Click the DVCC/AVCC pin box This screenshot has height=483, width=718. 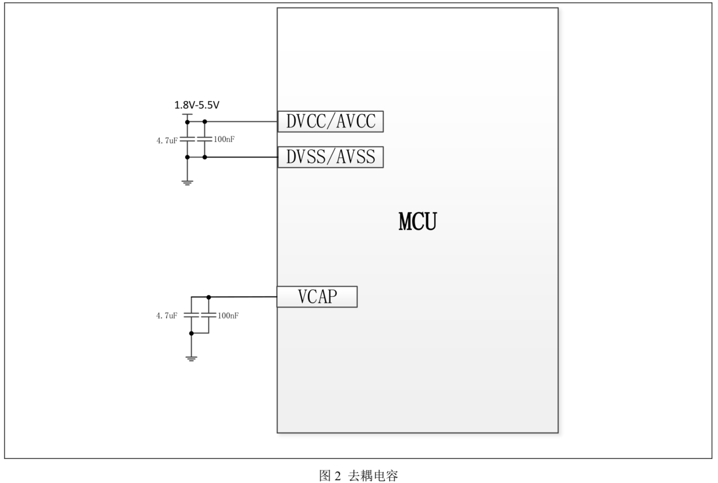(331, 121)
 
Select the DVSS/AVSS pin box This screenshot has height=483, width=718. (331, 157)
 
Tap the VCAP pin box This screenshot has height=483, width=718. (317, 296)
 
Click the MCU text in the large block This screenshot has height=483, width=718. (418, 221)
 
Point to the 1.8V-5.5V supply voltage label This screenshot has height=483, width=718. (197, 105)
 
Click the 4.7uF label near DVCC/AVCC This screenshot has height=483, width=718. (167, 140)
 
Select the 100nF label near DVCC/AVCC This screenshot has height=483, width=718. (224, 139)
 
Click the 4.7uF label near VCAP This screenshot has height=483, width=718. (167, 315)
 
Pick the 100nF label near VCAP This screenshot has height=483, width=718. (228, 315)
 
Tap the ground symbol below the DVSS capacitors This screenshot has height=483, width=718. (187, 182)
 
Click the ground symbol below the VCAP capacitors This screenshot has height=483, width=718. (192, 359)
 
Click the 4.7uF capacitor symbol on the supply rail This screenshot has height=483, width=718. (187, 139)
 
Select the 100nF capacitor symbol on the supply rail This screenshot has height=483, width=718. (204, 139)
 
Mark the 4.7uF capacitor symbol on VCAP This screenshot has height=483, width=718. (192, 315)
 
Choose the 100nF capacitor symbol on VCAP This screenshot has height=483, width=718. (209, 315)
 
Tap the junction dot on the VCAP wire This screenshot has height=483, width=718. (209, 297)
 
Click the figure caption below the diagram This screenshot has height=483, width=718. (358, 475)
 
